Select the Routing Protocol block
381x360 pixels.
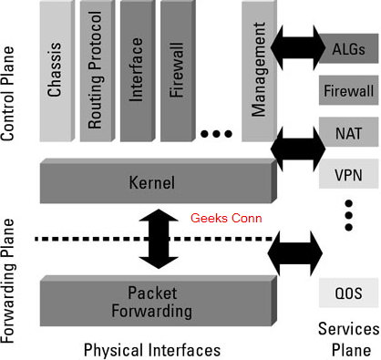pos(95,70)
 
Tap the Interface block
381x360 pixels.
pos(137,70)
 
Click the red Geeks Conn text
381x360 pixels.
pos(227,220)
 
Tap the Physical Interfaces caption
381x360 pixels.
pos(152,349)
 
